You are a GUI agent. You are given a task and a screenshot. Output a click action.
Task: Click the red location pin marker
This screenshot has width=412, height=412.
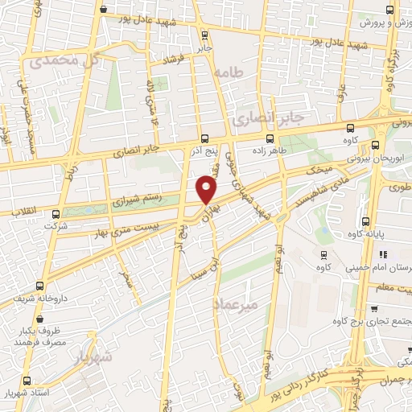tap(207, 189)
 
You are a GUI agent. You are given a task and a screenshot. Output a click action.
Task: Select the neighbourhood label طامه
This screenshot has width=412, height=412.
tap(228, 72)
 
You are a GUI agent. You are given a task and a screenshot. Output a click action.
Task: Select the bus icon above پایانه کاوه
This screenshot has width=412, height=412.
tap(365, 221)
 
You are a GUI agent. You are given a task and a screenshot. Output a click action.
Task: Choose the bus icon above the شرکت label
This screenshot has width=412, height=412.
tap(55, 214)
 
